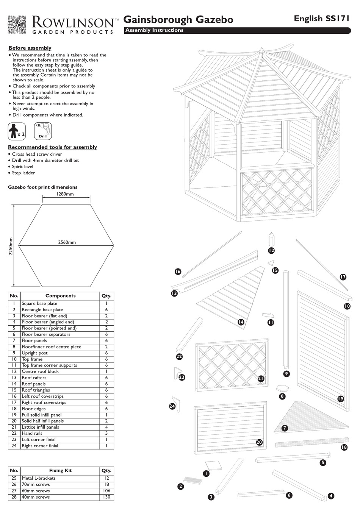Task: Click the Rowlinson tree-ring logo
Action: pos(17,25)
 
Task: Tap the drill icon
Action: pos(43,131)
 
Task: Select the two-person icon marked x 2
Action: pos(17,131)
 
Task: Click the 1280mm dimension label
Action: pos(65,194)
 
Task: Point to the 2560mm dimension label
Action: pos(67,242)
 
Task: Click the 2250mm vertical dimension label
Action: pos(11,247)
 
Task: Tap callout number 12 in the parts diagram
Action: pos(271,250)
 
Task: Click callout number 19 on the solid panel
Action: pos(340,398)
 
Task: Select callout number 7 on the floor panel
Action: pos(285,428)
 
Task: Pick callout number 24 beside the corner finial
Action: pos(172,406)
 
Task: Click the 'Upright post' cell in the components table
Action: pos(34,353)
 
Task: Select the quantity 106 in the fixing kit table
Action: pos(106,491)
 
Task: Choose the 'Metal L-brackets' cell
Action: pos(39,478)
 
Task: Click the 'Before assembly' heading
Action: pos(30,48)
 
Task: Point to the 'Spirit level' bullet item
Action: pos(22,167)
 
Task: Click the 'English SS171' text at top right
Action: pos(322,19)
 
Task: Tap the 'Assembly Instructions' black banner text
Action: pos(154,30)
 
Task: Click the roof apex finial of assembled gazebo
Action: pos(262,51)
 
